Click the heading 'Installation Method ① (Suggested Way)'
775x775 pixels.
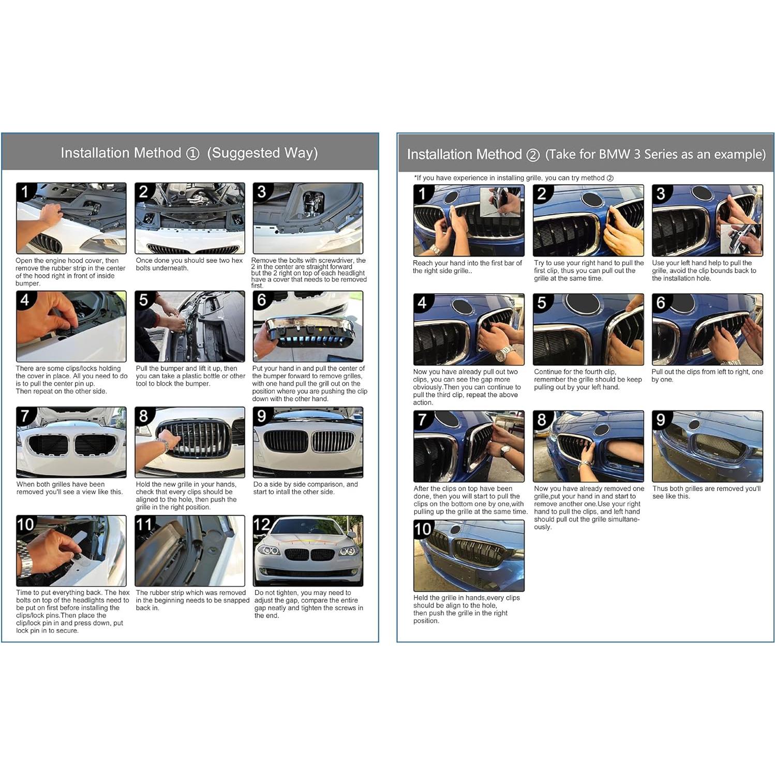189,153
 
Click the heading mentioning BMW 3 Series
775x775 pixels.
586,155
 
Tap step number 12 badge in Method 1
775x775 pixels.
262,525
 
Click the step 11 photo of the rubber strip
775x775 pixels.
190,550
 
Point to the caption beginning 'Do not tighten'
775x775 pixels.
308,604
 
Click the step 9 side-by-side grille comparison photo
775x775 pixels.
308,442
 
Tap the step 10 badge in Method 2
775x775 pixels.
423,529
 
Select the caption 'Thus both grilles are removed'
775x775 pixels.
706,492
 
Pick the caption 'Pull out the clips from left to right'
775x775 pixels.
707,376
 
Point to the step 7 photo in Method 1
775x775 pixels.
71,442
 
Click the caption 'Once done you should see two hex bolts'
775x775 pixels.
189,264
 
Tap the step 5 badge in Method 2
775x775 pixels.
542,303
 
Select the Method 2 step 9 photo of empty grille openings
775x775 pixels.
707,446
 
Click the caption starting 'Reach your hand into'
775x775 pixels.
467,267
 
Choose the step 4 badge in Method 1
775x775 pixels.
24,300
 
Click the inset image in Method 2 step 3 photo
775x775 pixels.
741,239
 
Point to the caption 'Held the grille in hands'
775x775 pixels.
466,609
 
